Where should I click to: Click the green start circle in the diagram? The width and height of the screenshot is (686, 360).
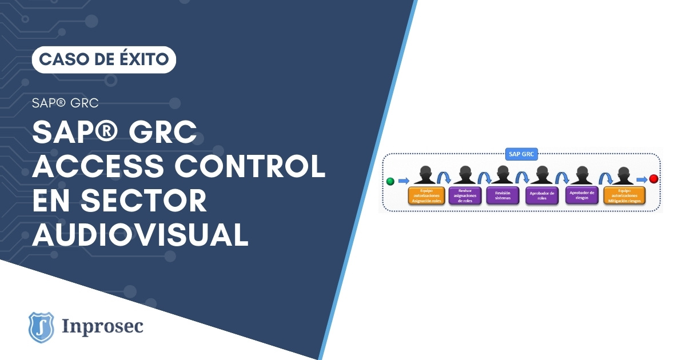[390, 181]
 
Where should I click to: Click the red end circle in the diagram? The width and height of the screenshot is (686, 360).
[653, 179]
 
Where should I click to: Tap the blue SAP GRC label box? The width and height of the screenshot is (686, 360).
[521, 154]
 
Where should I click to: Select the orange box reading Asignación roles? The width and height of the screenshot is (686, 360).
[426, 195]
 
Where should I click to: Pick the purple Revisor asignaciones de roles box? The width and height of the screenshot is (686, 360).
[464, 195]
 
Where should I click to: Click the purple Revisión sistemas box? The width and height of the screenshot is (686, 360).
[502, 195]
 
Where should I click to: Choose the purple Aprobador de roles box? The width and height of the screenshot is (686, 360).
[542, 195]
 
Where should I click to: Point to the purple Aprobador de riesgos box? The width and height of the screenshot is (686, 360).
[582, 195]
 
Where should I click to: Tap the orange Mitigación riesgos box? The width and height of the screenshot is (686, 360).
[624, 195]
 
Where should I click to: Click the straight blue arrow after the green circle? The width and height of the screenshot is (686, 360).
[404, 181]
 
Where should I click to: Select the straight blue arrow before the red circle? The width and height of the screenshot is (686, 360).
[641, 179]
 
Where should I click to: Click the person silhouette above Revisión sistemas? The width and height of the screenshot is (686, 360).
[502, 175]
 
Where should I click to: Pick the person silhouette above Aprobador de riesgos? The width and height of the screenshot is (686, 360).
[582, 175]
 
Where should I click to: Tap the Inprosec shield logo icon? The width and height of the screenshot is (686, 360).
[41, 327]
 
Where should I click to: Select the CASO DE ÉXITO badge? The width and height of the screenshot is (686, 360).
[104, 59]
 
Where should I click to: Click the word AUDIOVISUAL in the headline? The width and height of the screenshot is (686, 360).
[140, 234]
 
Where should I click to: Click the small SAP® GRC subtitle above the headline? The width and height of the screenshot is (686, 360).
[65, 103]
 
